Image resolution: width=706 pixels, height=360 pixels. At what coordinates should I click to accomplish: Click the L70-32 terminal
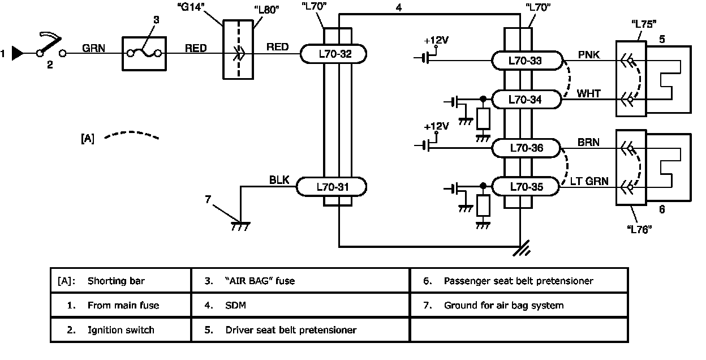(333, 54)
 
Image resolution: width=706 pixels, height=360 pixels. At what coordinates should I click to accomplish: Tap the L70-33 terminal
(526, 60)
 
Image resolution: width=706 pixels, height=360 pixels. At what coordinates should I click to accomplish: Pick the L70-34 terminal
(526, 100)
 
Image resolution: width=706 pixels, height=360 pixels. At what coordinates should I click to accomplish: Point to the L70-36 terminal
(526, 148)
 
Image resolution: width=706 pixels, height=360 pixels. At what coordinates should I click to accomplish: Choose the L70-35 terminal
(526, 186)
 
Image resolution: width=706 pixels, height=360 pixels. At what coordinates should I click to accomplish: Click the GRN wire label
(92, 48)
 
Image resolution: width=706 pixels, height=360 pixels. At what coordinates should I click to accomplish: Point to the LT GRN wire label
(589, 181)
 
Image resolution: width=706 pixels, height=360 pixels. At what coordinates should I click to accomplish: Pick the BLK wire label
(279, 181)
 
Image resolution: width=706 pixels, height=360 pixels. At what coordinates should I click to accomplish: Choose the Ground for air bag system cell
(519, 305)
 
